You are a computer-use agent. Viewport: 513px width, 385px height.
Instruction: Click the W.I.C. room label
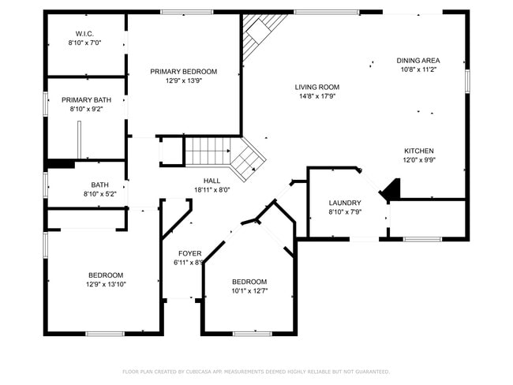point(85,33)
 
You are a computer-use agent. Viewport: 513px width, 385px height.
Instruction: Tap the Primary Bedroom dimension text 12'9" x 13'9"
point(183,81)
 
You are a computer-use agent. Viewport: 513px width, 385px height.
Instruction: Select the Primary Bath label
point(86,99)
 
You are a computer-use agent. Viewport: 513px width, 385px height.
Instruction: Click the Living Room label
point(316,87)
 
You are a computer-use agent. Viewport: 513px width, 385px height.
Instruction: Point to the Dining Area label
point(418,60)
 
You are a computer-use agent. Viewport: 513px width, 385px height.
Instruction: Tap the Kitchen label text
point(418,151)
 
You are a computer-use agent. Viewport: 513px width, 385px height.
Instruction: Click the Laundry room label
point(345,203)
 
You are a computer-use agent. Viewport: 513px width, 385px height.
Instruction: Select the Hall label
point(212,181)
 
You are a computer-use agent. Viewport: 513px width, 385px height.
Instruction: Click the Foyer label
point(189,253)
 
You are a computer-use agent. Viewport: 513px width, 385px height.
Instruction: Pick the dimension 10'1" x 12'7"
point(249,291)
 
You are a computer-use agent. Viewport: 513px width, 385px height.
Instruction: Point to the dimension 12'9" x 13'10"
point(105,284)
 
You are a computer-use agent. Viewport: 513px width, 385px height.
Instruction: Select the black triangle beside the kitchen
point(391,190)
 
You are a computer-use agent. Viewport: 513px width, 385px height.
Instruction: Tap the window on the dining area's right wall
point(467,80)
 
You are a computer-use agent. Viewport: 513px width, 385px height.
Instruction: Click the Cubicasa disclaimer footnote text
point(256,371)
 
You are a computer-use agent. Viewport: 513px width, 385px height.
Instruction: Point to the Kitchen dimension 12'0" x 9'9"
point(418,160)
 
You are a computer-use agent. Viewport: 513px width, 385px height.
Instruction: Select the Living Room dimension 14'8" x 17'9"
point(316,96)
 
